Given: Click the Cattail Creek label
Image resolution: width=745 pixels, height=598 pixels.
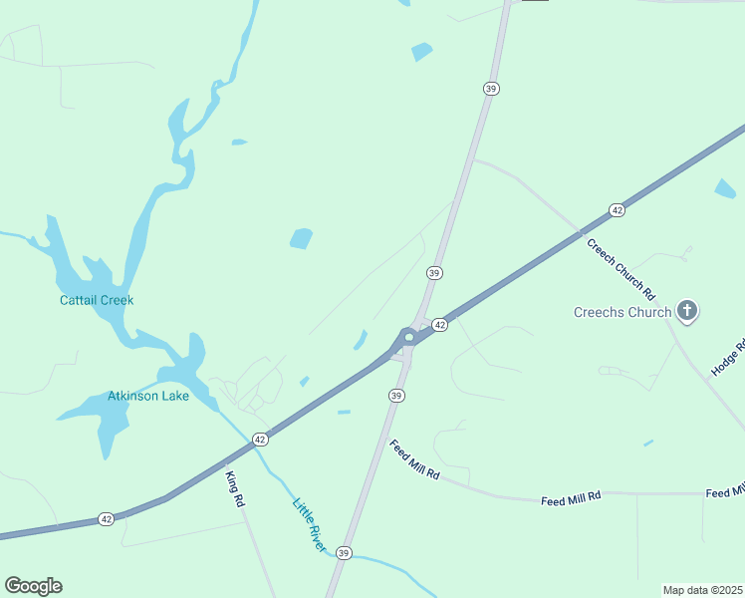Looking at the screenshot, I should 97,300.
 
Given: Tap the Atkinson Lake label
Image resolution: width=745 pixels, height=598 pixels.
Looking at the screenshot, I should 148,396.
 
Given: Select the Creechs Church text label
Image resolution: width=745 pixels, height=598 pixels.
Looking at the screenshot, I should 622,312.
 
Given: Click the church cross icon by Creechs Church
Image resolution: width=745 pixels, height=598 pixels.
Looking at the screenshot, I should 686,311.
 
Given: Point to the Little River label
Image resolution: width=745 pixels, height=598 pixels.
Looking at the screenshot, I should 309,519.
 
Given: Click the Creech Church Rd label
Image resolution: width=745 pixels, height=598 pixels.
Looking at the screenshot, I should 620,269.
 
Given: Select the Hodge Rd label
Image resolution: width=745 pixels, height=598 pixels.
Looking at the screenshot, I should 728,359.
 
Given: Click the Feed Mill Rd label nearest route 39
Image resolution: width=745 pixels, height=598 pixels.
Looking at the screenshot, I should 414,459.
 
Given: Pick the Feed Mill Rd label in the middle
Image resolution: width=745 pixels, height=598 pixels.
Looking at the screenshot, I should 571,496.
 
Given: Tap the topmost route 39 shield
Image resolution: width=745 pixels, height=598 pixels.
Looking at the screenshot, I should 490,89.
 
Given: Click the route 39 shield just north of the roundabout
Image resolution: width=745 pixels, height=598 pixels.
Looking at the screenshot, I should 434,272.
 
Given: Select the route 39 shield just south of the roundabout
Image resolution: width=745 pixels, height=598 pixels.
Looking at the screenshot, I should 396,396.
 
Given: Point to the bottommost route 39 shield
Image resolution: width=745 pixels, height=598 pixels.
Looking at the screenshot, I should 344,552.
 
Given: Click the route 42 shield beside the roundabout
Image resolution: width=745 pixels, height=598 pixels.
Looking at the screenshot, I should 439,325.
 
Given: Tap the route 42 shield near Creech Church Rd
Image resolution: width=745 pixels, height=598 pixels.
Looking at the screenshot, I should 618,210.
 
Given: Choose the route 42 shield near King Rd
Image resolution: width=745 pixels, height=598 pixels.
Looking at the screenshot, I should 260,439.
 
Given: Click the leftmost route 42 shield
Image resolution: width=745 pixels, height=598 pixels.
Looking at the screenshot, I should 107,519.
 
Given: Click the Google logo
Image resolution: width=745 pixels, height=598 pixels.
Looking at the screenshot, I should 33,586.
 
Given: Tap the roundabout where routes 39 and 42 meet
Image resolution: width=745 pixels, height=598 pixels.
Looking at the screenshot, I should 408,338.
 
